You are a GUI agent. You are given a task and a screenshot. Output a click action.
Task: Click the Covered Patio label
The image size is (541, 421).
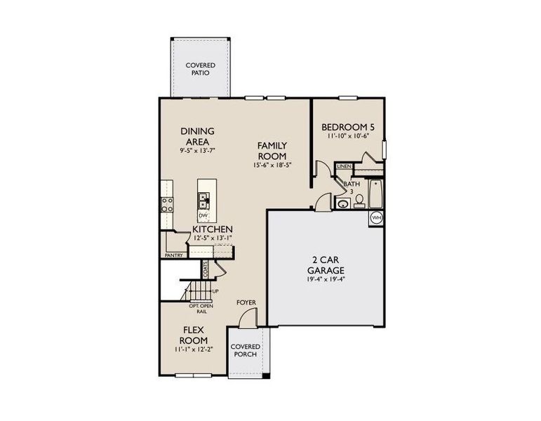pyautogui.click(x=200, y=69)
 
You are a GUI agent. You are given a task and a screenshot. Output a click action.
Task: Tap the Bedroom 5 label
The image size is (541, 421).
pyautogui.click(x=348, y=127)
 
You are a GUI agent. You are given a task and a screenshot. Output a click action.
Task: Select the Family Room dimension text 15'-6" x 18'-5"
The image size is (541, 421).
pyautogui.click(x=272, y=166)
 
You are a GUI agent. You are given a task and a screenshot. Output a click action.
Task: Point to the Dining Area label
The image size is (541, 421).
pyautogui.click(x=197, y=135)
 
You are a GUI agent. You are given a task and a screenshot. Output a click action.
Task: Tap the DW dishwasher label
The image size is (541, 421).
pyautogui.click(x=203, y=215)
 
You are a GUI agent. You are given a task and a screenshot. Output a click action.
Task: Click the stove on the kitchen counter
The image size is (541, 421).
pyautogui.click(x=168, y=204)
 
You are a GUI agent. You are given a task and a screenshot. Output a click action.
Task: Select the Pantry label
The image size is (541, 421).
pyautogui.click(x=173, y=255)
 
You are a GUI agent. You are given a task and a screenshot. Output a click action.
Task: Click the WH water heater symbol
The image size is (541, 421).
pyautogui.click(x=376, y=218)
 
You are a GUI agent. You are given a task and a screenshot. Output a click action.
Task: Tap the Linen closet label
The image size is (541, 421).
pyautogui.click(x=344, y=166)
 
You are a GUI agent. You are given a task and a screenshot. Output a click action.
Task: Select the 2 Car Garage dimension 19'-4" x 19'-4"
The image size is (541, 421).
pyautogui.click(x=324, y=279)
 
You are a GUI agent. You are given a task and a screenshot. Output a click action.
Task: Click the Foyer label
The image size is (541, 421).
pyautogui.click(x=246, y=302)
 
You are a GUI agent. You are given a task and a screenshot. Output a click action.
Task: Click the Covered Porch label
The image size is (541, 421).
pyautogui.click(x=246, y=350)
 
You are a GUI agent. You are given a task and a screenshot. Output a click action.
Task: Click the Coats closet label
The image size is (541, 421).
pyautogui.click(x=206, y=267)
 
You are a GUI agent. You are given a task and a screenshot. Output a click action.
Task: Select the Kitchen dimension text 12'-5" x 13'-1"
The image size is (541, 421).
pyautogui.click(x=213, y=238)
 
